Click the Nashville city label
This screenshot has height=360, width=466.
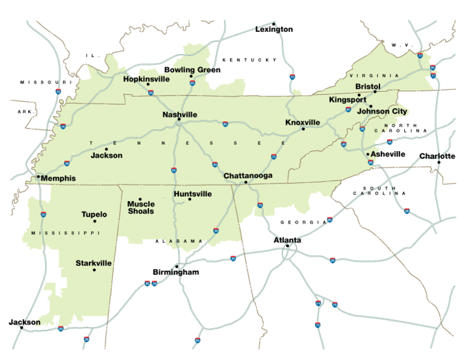(180, 114)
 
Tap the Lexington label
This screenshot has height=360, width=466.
(274, 29)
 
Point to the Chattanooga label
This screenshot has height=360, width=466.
(248, 176)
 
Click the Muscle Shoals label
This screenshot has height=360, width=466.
(141, 208)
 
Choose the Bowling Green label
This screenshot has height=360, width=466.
(192, 70)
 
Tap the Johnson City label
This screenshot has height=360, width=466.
(381, 111)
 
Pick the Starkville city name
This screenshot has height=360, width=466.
(94, 263)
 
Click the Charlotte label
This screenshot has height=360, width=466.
(437, 156)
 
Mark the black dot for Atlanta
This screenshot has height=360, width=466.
(288, 246)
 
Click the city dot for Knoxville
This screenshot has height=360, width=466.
(303, 129)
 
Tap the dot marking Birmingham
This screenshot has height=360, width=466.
(177, 266)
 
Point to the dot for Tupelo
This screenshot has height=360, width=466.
(94, 221)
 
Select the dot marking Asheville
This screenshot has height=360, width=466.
(368, 154)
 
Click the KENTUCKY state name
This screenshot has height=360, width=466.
(250, 60)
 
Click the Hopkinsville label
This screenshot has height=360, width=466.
(147, 79)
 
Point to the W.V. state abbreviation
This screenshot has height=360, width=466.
(398, 45)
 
